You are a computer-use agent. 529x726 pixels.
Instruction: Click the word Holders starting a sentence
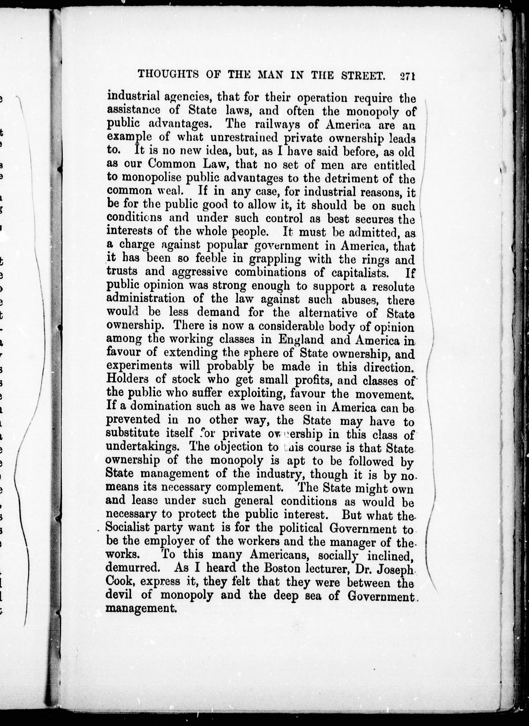(x=127, y=379)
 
